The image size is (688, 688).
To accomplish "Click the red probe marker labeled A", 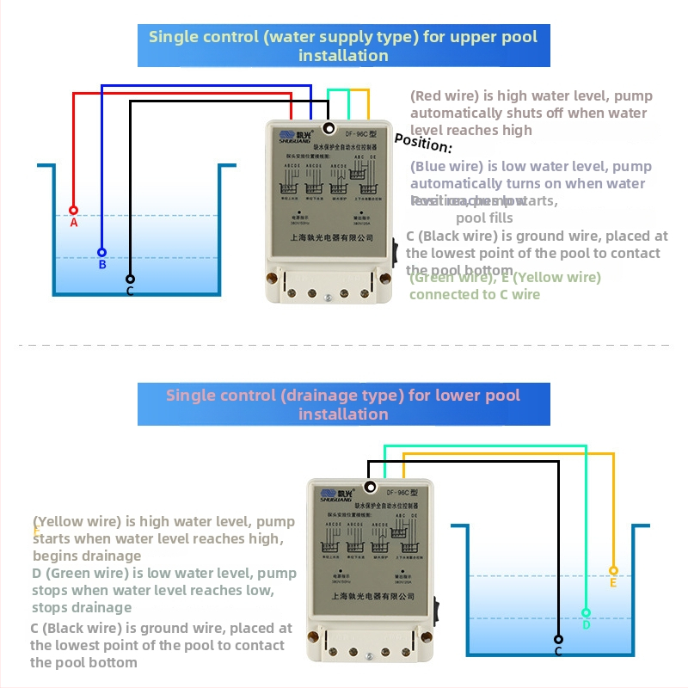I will point(73,210).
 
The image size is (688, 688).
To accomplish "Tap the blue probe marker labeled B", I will point(101,252).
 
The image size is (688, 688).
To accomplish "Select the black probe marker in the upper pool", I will point(130,279).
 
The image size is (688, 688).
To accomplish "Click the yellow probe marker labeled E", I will point(613,570).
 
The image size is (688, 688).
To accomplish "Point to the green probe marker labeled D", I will point(586,613).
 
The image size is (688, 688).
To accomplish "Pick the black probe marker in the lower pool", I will point(558,639).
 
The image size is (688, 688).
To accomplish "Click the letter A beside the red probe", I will point(73,223).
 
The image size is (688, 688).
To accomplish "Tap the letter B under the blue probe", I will point(101,265).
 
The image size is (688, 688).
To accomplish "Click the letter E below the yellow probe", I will point(613,583).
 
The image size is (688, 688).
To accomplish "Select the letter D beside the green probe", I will point(586,625).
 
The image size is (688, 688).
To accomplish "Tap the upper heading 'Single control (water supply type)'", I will point(343,37).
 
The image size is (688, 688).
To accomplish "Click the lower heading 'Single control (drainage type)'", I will point(343,396).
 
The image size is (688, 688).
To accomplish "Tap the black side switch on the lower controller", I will point(436,612).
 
